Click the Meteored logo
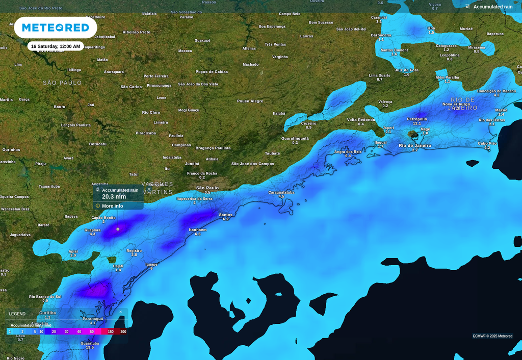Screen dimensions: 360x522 coord(56,28)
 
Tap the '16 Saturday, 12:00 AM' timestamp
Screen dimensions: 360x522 coord(56,46)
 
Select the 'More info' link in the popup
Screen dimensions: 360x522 coord(112,206)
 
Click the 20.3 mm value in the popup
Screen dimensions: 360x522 coord(114,197)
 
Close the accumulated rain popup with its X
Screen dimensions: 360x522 coord(149,189)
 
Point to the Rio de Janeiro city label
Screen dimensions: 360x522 coord(414,146)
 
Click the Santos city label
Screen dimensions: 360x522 coord(226,215)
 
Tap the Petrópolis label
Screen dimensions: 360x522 coord(416,119)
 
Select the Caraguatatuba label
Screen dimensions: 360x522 coord(281,192)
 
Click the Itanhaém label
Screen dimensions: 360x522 coord(198,229)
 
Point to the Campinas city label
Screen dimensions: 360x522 coord(181,145)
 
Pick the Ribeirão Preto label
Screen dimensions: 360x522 coord(137,32)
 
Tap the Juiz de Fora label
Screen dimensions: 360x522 coord(406,70)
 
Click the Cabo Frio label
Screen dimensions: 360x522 coord(487,143)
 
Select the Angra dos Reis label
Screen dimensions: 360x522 coord(348,151)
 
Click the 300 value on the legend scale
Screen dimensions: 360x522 coord(123,332)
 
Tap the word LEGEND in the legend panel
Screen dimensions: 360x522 coord(17,314)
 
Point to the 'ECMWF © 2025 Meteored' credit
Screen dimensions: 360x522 coord(492,336)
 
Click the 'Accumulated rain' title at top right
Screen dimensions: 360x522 coord(492,7)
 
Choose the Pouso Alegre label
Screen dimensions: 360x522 coord(250,101)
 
